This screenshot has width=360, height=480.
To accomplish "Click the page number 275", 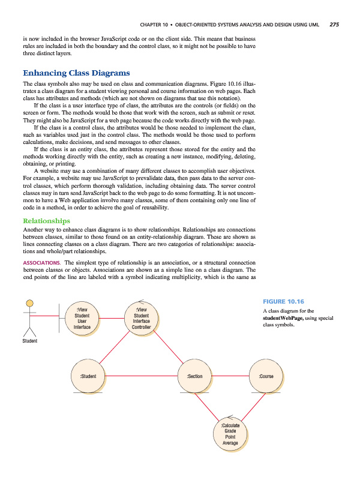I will coord(334,25).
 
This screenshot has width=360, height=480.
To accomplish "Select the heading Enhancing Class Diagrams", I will coord(76,74).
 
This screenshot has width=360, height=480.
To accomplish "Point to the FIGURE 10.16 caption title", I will coord(284,301).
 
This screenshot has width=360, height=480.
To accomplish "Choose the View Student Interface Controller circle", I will coord(141,318).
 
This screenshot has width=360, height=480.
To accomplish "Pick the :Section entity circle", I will coord(195,376).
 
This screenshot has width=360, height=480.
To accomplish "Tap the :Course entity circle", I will coord(266,376).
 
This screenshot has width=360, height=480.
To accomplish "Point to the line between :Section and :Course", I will coord(231,376).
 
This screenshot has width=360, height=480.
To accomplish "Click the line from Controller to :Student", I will coord(116,348).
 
